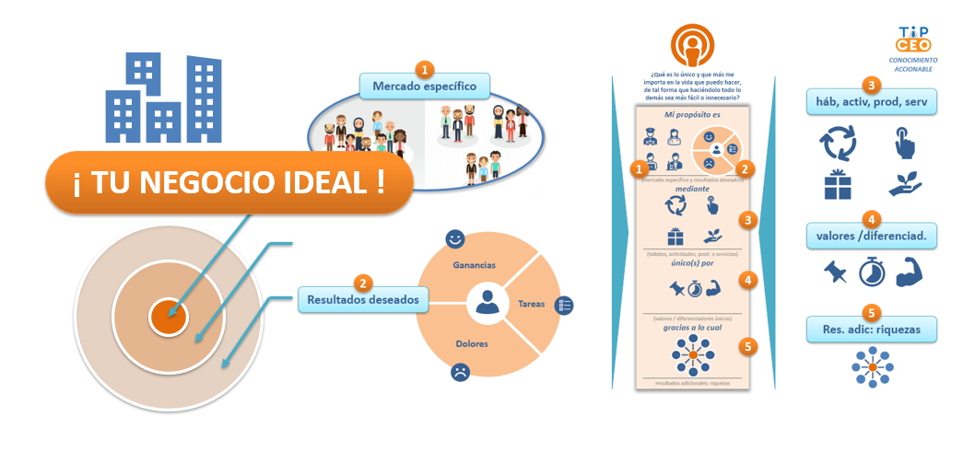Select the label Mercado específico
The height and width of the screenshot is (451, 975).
click(424, 87)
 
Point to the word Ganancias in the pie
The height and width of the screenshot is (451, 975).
click(474, 265)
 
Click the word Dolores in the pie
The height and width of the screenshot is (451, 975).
click(472, 343)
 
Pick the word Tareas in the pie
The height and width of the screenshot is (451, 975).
click(531, 303)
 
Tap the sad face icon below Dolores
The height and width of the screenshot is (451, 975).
click(459, 373)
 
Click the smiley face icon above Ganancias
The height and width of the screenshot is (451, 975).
click(454, 239)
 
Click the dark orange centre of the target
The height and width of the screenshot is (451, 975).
click(168, 318)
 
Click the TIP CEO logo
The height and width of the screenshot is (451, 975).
click(914, 40)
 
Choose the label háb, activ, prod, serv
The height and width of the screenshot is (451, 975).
click(871, 100)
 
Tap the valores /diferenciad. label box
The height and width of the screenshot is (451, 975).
click(871, 236)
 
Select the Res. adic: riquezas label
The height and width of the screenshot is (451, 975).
click(871, 329)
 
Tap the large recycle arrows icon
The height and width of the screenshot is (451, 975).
click(837, 144)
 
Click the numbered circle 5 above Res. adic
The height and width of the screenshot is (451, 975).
click(871, 312)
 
